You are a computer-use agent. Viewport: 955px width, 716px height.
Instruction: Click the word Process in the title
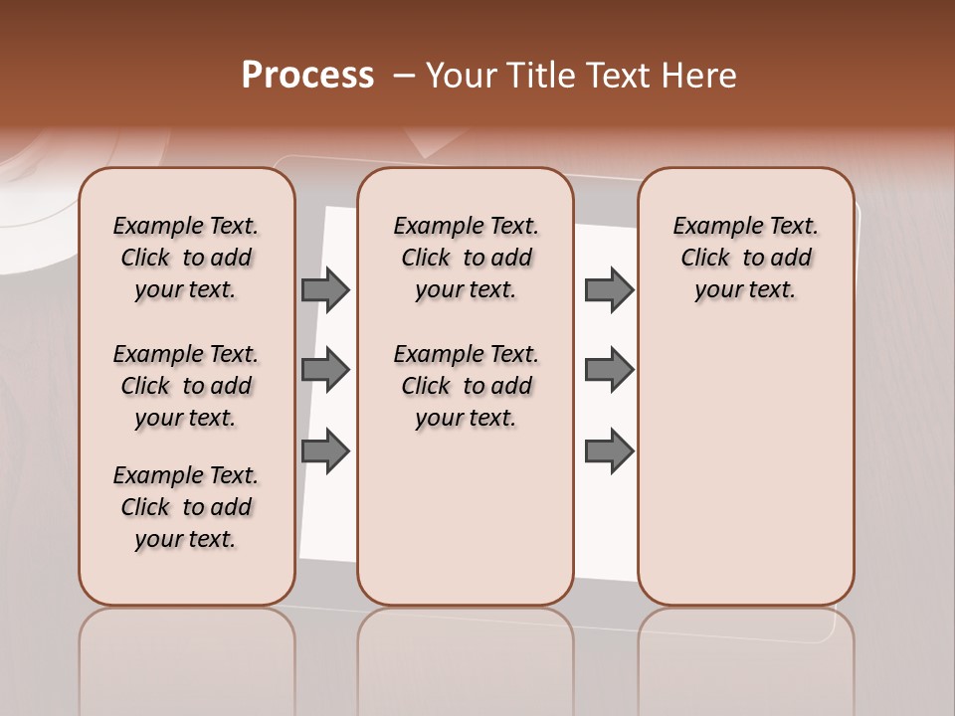[307, 76]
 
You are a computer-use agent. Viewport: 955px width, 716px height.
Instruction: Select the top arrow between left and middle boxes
[325, 289]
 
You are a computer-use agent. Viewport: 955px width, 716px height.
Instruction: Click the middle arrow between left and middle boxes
[325, 370]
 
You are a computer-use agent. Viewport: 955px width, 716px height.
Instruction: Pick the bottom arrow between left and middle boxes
[325, 451]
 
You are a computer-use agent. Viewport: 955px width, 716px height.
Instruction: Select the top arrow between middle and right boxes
[609, 289]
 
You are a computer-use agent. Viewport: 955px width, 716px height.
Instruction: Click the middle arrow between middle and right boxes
[609, 370]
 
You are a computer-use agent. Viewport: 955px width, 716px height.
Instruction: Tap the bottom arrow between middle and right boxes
[609, 451]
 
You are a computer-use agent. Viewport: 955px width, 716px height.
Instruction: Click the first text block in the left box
[186, 258]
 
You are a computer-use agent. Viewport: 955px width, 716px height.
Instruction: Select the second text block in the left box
[186, 386]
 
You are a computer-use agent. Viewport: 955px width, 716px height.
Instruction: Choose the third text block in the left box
[186, 507]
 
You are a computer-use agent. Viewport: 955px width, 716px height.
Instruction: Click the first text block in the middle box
[466, 258]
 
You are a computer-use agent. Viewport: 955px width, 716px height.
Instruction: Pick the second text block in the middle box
[466, 386]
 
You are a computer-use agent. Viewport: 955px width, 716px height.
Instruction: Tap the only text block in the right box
[745, 258]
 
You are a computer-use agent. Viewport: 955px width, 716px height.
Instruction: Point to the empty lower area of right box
[745, 467]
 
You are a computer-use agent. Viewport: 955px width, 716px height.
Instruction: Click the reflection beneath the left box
[187, 646]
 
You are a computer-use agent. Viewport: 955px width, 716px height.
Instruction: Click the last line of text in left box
[186, 539]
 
